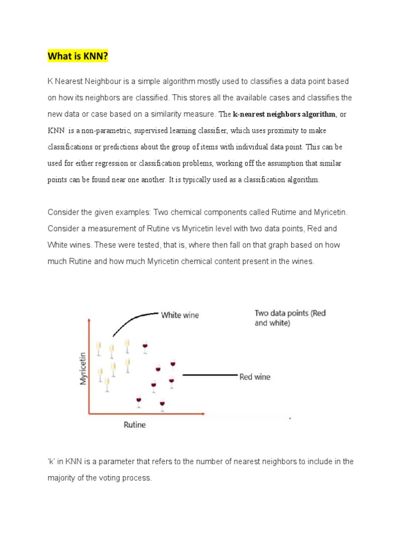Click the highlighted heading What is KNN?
pos(78,56)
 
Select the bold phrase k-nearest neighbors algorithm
pos(284,114)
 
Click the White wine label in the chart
pos(180,315)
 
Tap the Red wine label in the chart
pos(255,377)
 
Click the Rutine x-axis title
pos(134,425)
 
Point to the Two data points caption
pos(290,318)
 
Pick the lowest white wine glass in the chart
pos(107,385)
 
